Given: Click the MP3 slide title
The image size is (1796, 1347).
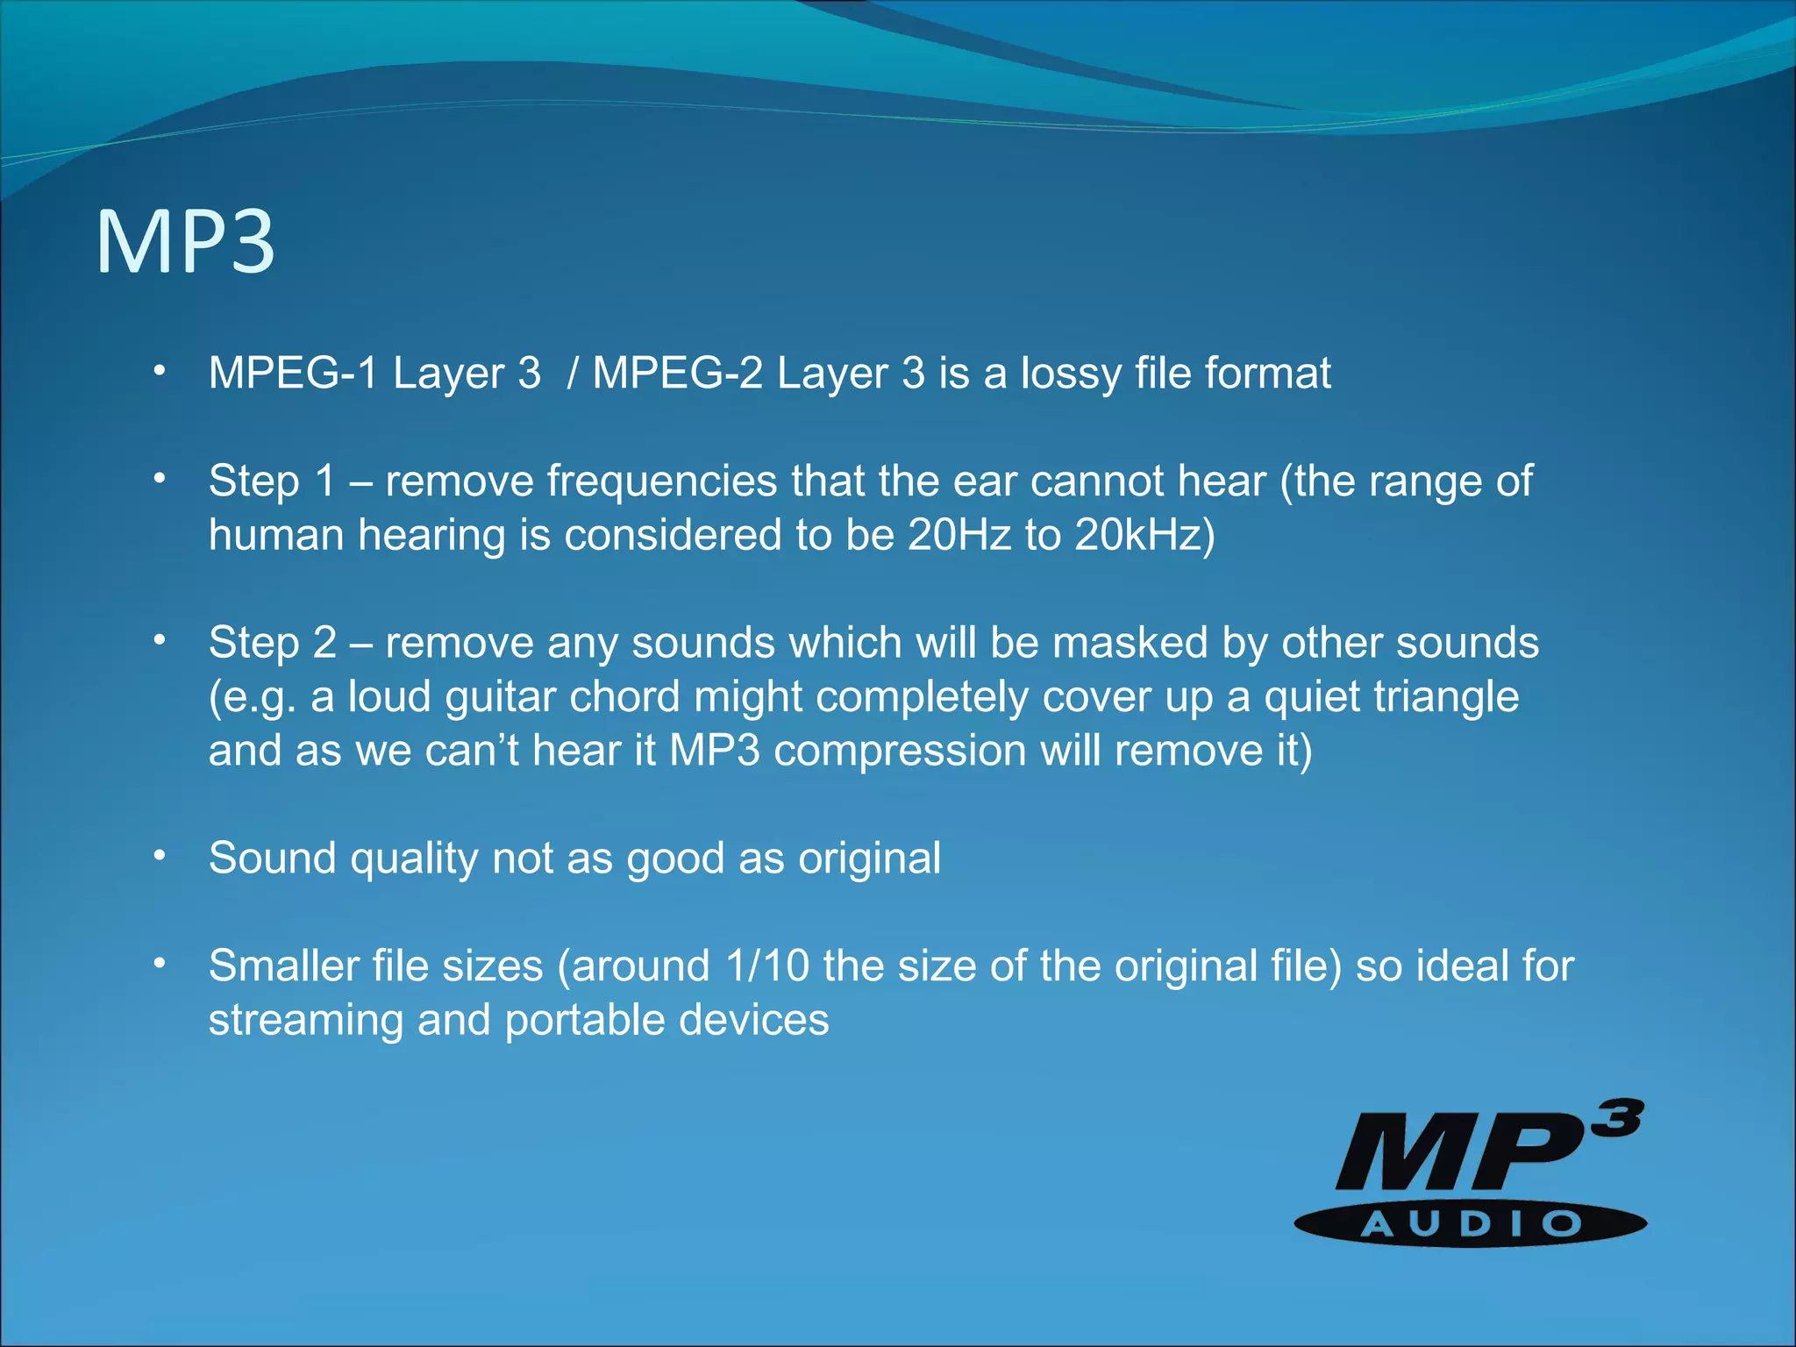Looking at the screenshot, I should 185,242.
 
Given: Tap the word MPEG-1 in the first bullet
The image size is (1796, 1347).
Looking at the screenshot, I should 293,374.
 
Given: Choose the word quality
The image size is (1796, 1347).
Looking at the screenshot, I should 414,859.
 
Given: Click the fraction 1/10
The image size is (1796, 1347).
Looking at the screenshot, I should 767,966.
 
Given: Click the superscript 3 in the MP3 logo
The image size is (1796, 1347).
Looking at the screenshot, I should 1617,1120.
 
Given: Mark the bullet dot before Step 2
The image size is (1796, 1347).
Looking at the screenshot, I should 159,640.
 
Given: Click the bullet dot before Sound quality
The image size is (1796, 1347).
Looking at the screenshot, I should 159,856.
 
